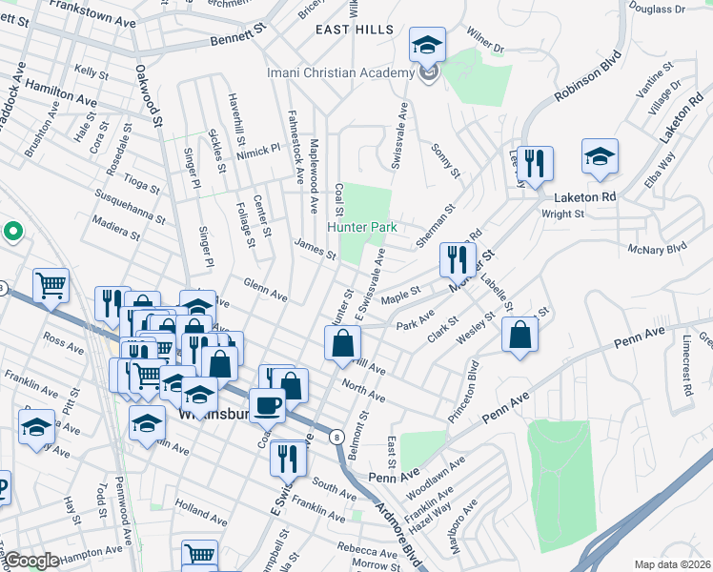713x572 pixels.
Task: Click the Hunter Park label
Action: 362,228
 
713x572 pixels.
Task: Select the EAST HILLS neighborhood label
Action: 355,30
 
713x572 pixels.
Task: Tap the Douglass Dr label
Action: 658,9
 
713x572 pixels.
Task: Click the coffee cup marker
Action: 267,405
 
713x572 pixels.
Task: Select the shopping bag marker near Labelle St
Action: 519,334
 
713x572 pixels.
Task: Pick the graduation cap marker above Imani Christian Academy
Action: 428,44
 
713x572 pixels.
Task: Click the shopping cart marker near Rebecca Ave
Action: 200,554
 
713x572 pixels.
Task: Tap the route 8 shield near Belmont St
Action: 336,437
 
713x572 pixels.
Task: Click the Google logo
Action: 31,562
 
